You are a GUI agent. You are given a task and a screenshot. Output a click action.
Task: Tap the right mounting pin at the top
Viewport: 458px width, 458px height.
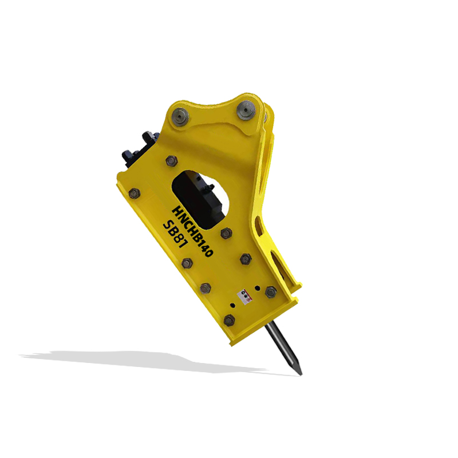point(246,110)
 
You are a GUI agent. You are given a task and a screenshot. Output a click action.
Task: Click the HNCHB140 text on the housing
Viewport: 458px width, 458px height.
point(193,231)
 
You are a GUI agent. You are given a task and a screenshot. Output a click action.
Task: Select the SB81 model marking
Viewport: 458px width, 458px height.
point(175,235)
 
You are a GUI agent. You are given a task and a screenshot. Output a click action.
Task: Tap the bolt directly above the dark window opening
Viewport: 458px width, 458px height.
point(171,161)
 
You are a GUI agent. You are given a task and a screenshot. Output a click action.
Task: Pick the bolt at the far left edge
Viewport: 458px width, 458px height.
point(134,194)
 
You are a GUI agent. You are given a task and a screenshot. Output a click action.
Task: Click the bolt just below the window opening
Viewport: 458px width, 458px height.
point(226,234)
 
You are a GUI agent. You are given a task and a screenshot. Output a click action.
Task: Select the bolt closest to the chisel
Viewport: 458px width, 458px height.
point(230,321)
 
